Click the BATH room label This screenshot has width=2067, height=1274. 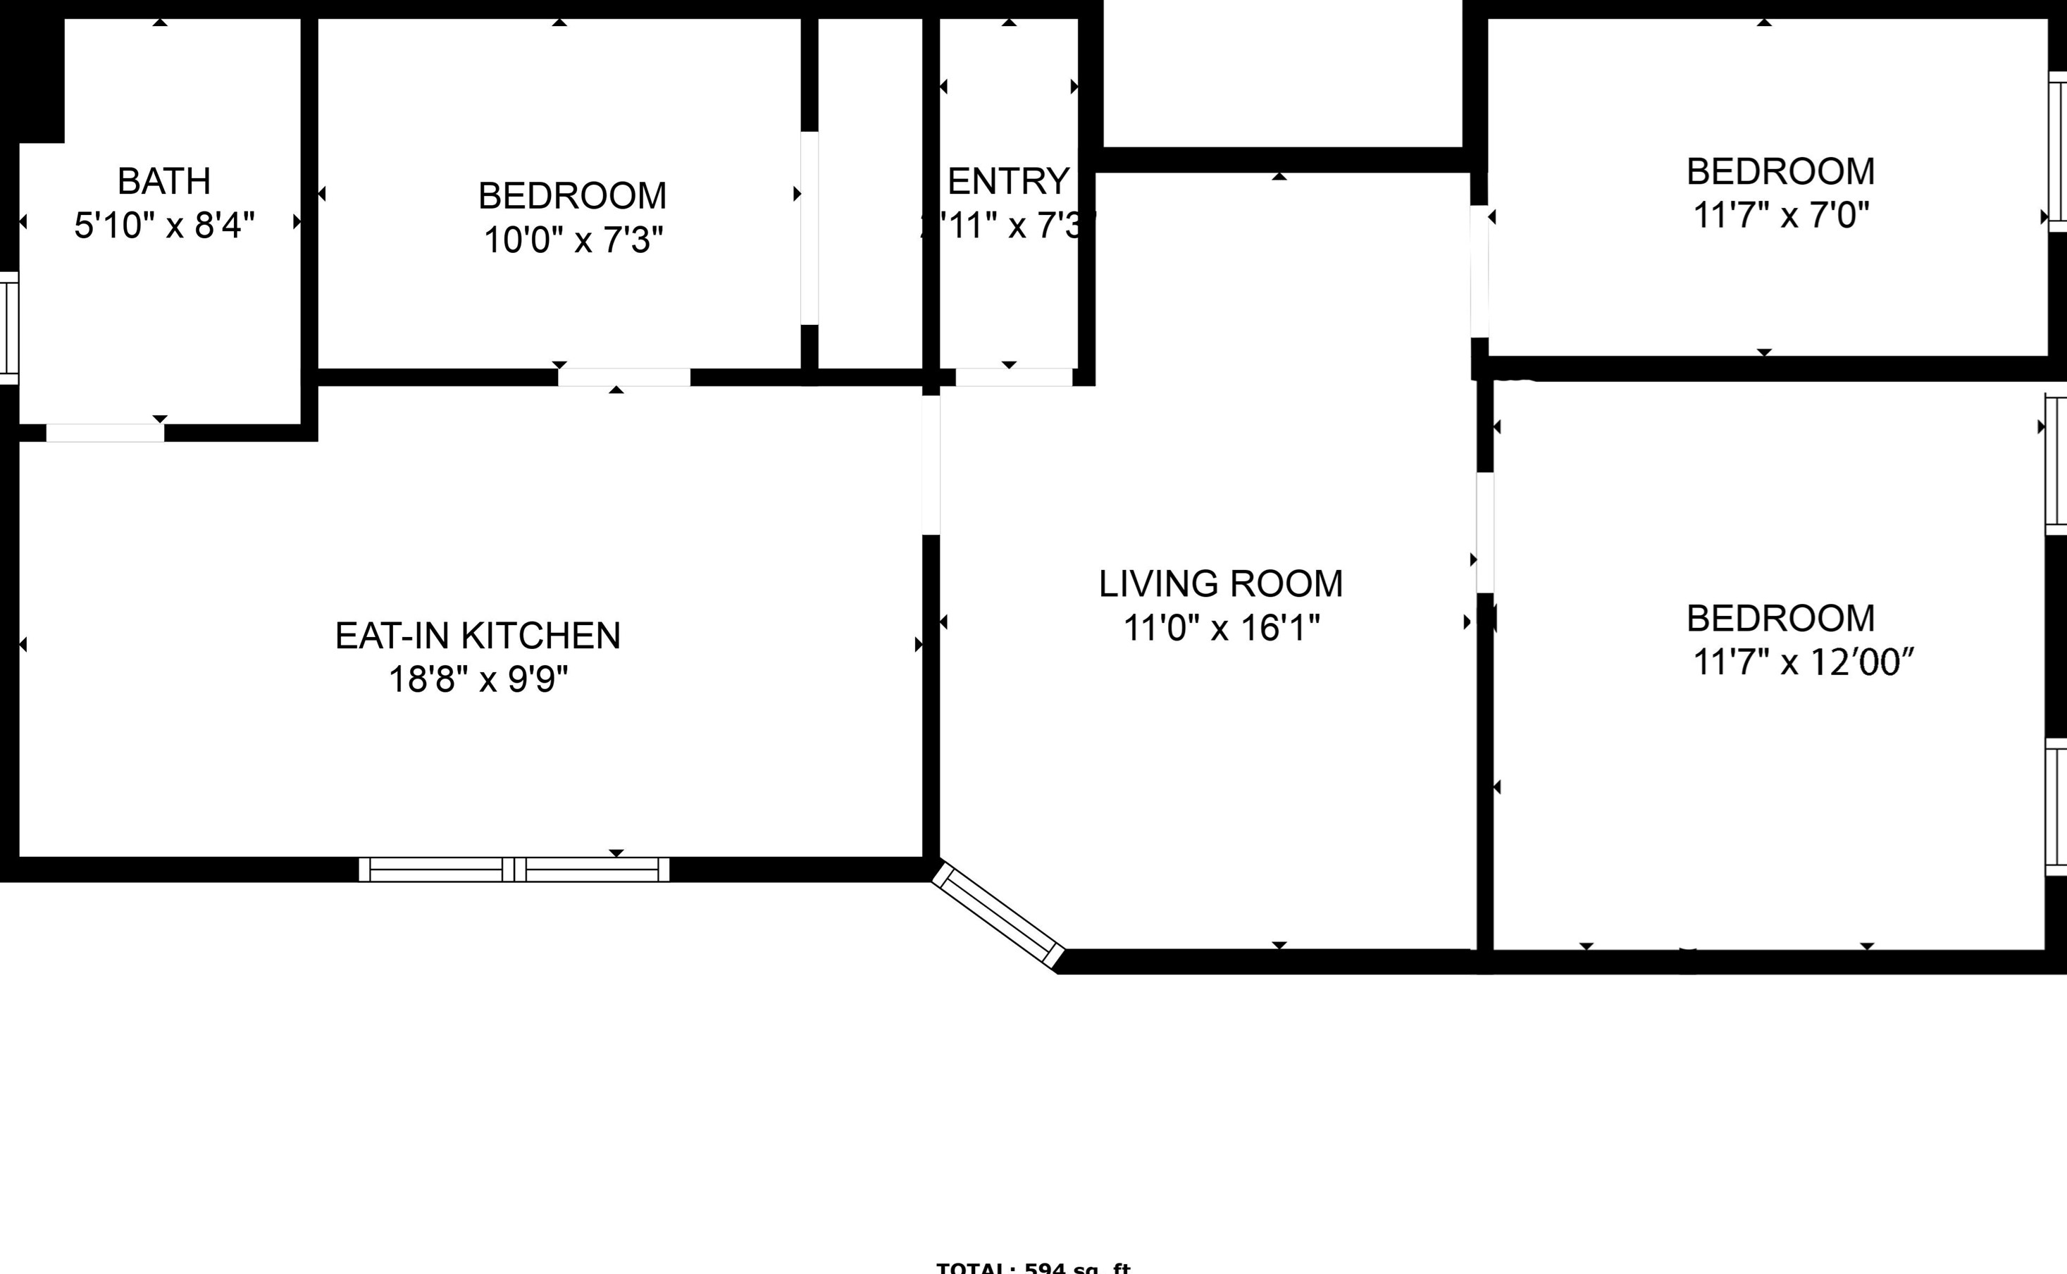pyautogui.click(x=163, y=181)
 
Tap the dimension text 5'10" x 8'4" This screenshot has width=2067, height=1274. pyautogui.click(x=164, y=225)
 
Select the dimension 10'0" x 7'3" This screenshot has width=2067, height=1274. pyautogui.click(x=573, y=240)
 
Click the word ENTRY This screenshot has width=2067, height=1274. pyautogui.click(x=1008, y=181)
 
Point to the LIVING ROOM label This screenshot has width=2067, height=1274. pyautogui.click(x=1220, y=584)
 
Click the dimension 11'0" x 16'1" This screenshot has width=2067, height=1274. pyautogui.click(x=1220, y=628)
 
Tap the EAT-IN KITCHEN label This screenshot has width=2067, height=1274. pyautogui.click(x=478, y=636)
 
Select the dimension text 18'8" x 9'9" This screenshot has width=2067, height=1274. pyautogui.click(x=478, y=679)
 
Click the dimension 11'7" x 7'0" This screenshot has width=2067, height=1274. pyautogui.click(x=1780, y=216)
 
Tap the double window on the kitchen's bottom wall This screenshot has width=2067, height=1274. pyautogui.click(x=514, y=870)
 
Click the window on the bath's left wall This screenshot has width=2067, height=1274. pyautogui.click(x=8, y=328)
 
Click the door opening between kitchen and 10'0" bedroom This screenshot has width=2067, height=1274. pyautogui.click(x=624, y=377)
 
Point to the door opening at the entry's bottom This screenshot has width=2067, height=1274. pyautogui.click(x=1013, y=377)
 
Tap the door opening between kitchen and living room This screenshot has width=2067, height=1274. pyautogui.click(x=931, y=464)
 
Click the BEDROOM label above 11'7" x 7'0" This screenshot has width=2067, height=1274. pyautogui.click(x=1780, y=172)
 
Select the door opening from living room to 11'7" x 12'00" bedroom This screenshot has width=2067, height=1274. pyautogui.click(x=1485, y=532)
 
